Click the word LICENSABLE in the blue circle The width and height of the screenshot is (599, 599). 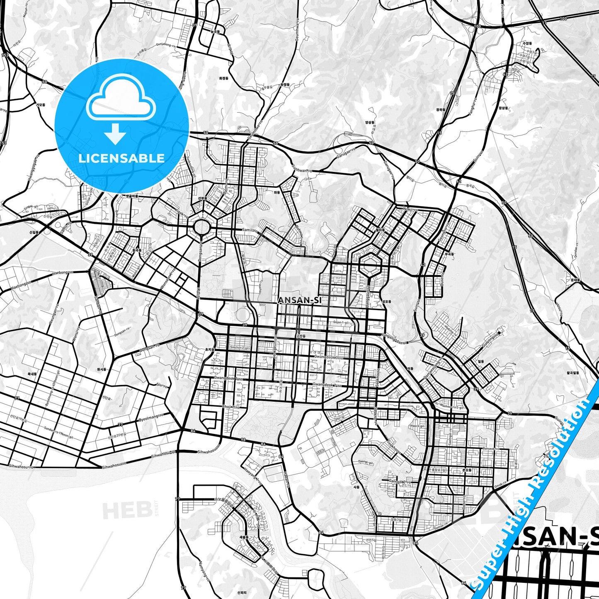[x=121, y=158]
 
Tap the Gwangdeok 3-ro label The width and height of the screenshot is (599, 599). [x=329, y=357]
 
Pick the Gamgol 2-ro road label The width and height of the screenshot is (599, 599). [x=400, y=482]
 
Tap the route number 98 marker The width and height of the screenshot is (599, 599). [x=243, y=439]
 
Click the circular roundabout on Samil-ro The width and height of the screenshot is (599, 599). [x=201, y=227]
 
